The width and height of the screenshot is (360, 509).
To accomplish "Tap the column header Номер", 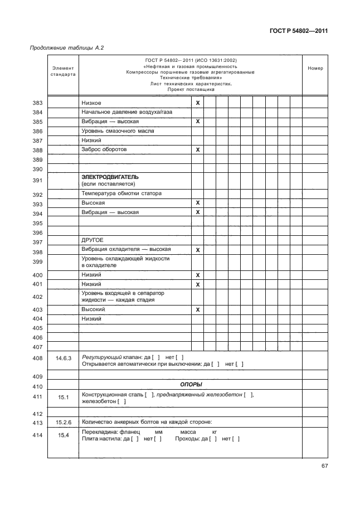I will [315, 69].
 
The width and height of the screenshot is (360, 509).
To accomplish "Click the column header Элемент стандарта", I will [62, 71].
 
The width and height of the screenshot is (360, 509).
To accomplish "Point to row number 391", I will [38, 181].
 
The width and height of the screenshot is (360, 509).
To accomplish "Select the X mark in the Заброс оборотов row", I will [197, 150].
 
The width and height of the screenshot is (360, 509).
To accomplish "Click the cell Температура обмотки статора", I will [121, 194].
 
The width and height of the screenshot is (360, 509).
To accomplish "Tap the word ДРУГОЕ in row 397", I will [92, 241].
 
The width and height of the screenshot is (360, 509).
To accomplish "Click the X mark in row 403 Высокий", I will [197, 309].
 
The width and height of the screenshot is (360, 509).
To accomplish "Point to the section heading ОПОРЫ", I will [191, 385].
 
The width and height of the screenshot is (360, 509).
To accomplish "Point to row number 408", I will [38, 358].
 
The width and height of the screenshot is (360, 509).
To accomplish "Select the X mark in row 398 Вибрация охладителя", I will [197, 250].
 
